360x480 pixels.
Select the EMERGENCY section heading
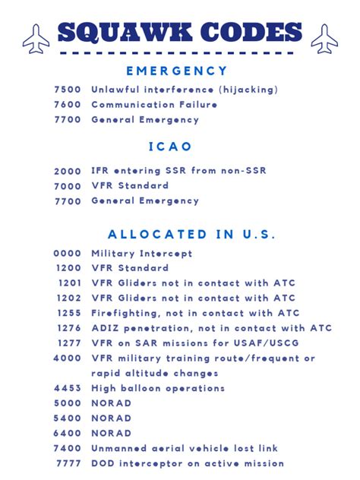tap(177, 71)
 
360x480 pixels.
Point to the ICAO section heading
tap(170, 146)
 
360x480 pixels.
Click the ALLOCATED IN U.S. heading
tap(191, 235)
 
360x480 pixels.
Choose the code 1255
tap(69, 313)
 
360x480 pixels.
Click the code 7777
tap(69, 463)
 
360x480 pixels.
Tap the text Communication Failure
tap(154, 105)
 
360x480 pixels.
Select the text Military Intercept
tap(142, 254)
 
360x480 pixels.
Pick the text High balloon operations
tap(158, 388)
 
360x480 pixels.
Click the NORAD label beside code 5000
tap(111, 403)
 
